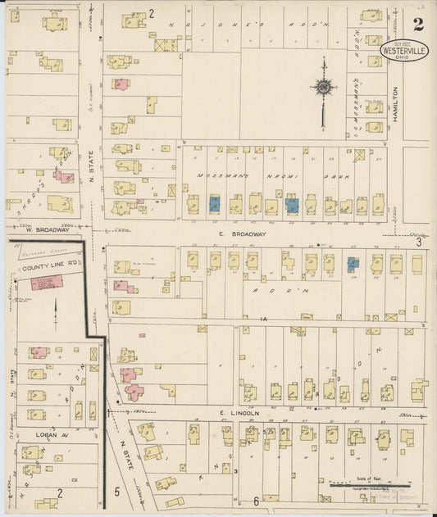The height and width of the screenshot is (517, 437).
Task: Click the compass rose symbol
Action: pos(324,87)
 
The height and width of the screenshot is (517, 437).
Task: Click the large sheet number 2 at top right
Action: pos(418,24)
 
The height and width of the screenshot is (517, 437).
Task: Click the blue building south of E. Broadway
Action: pos(353,264)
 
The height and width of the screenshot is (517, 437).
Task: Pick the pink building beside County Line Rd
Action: pos(47,283)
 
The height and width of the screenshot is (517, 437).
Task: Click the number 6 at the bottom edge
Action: pos(256,501)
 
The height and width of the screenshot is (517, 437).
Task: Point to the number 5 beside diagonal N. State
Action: pos(117,492)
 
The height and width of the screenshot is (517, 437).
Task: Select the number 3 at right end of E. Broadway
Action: pos(418,242)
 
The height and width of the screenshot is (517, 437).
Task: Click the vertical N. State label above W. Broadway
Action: pos(91,172)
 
